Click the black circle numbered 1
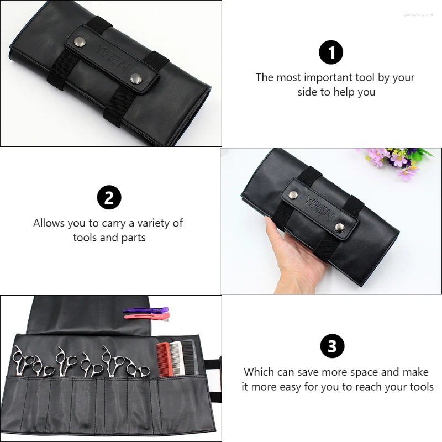click(x=331, y=53)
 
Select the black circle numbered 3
click(x=332, y=346)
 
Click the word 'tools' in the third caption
click(x=417, y=387)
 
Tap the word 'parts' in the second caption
click(x=133, y=238)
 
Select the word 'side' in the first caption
click(x=308, y=92)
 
